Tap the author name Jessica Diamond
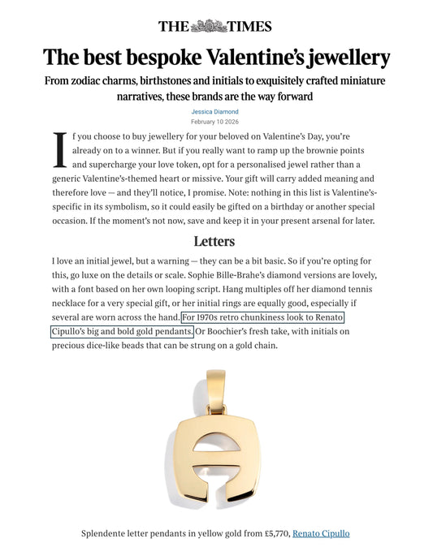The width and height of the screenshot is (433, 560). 214,111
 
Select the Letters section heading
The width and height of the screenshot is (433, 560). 214,241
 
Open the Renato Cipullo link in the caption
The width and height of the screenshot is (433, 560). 321,533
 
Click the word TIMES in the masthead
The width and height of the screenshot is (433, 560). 249,25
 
